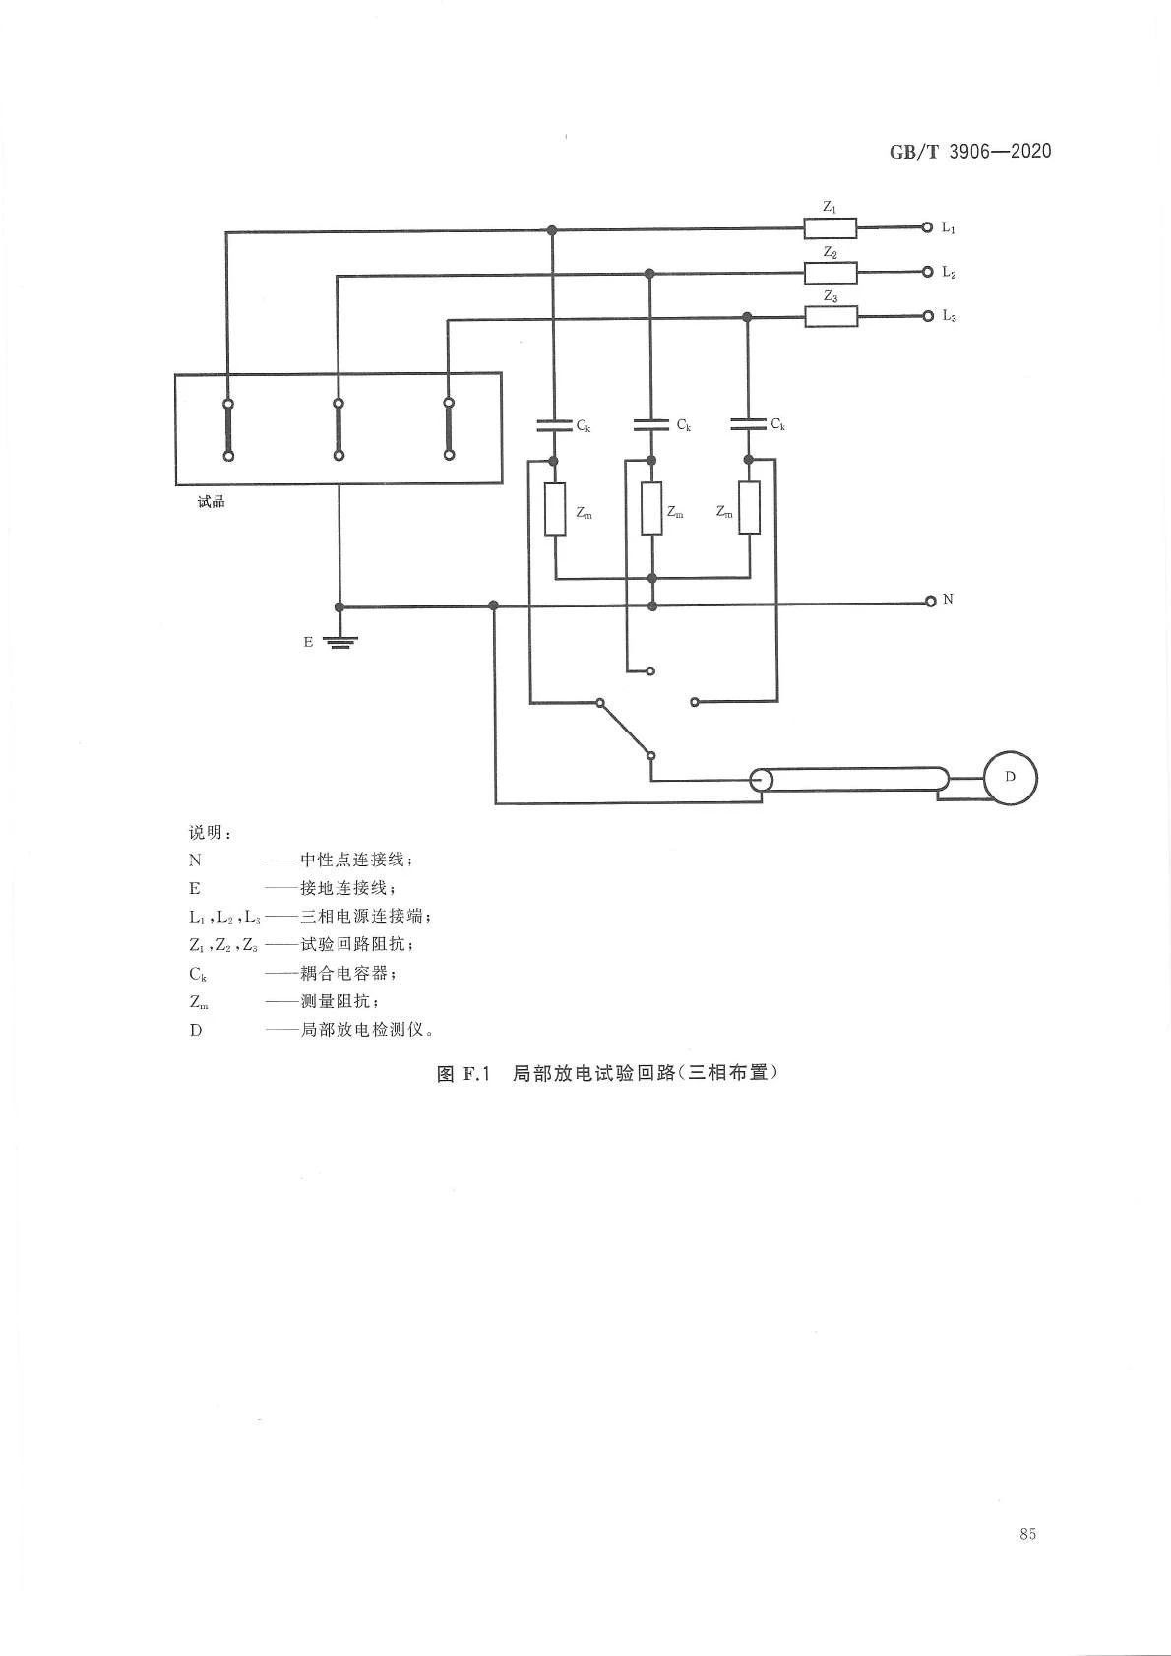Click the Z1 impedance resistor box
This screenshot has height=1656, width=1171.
pos(830,228)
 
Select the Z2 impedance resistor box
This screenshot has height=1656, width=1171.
pos(830,273)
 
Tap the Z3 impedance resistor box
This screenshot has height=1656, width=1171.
pos(831,316)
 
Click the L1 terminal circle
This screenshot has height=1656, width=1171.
pos(926,227)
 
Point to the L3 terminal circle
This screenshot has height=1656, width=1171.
pos(926,316)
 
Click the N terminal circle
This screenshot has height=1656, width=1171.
pos(930,601)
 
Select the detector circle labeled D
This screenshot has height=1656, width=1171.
pos(1010,778)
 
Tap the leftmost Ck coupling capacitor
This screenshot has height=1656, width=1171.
pos(553,425)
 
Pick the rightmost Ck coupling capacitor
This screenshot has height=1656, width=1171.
pos(748,424)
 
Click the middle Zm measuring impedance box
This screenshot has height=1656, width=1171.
pos(651,509)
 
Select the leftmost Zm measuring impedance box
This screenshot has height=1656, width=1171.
pos(555,509)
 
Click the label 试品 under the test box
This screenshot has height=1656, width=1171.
pos(212,502)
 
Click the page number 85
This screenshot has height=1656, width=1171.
pos(1028,1533)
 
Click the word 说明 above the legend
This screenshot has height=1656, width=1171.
pos(210,832)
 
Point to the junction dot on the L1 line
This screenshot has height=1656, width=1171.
pos(552,230)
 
